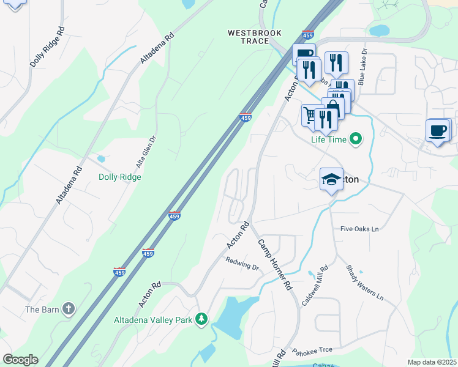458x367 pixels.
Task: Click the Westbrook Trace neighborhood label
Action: click(x=248, y=37)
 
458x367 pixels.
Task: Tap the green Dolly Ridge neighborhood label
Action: click(x=120, y=177)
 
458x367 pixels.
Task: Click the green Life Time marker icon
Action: click(x=355, y=139)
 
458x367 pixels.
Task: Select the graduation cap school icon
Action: click(x=331, y=179)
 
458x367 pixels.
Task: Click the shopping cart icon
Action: click(x=310, y=114)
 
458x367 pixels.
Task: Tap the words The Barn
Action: click(x=42, y=310)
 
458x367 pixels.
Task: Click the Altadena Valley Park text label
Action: click(x=153, y=319)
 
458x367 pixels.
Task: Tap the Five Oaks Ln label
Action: click(x=360, y=229)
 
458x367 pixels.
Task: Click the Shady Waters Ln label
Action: click(x=364, y=282)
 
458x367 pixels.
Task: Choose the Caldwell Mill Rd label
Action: click(x=315, y=286)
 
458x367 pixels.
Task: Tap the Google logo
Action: click(x=20, y=360)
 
